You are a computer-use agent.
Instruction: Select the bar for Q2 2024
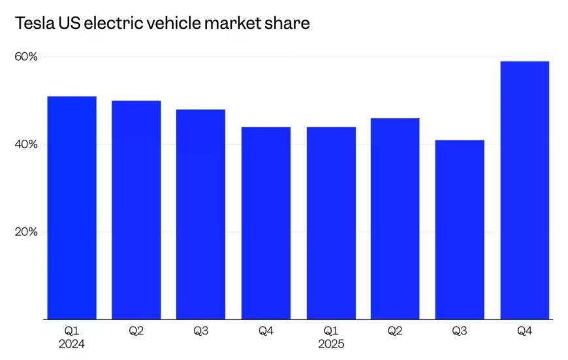[x=136, y=210]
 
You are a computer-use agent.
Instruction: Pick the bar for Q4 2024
[x=266, y=223]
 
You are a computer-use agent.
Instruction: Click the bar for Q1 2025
[x=331, y=223]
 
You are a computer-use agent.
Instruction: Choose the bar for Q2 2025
[x=395, y=219]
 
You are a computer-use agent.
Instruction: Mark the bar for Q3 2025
[x=460, y=229]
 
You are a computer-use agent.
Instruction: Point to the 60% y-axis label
[x=26, y=57]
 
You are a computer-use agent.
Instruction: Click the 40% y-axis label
[x=26, y=144]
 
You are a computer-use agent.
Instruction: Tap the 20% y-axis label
[x=26, y=232]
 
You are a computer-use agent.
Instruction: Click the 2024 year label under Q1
[x=72, y=344]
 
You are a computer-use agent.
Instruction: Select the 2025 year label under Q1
[x=331, y=344]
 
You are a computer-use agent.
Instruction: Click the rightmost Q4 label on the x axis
[x=524, y=331]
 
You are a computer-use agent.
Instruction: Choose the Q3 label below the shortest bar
[x=460, y=331]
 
